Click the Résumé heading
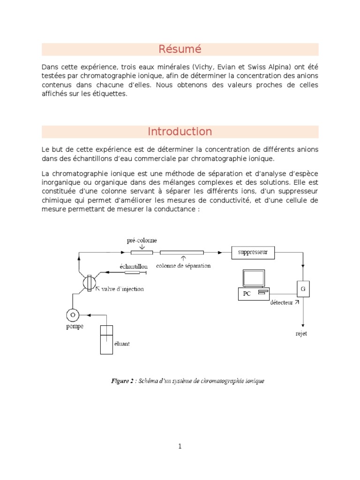coord(180,49)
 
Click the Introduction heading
coord(180,132)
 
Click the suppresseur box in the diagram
coord(253,253)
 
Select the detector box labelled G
coord(303,289)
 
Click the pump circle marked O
coord(73,315)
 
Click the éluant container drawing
coord(106,339)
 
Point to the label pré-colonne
coord(142,240)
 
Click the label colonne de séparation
coord(183,265)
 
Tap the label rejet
coord(301,334)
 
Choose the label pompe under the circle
coord(74,326)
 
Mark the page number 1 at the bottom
coord(180,446)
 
